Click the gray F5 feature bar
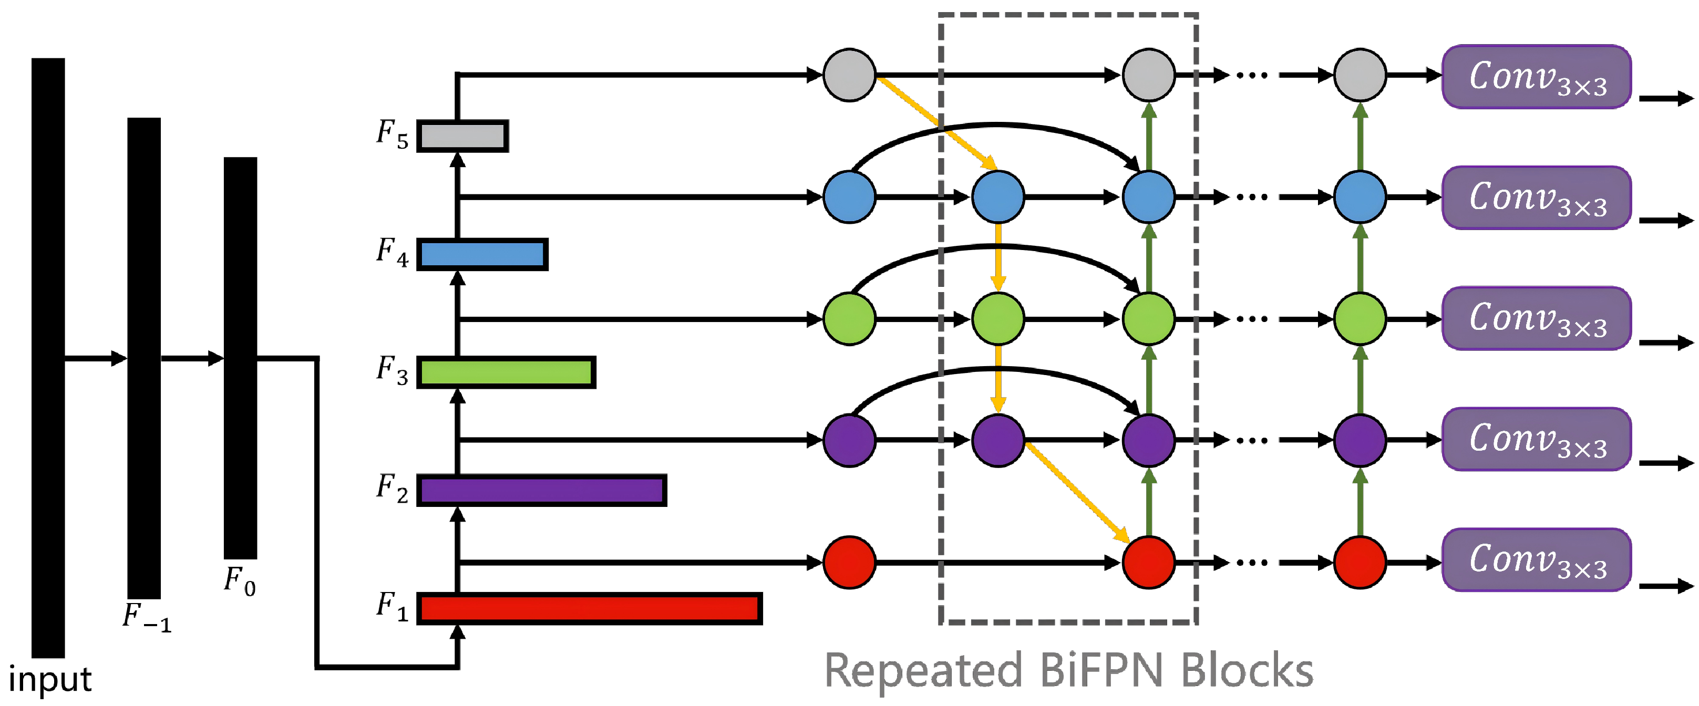[x=462, y=136]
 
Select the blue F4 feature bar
[x=482, y=254]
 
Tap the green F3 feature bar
[x=506, y=372]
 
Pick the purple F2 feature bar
[x=541, y=491]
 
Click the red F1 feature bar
[x=590, y=608]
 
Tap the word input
[x=49, y=679]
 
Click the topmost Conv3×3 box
[x=1536, y=77]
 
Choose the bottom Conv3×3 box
[x=1536, y=559]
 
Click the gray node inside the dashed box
[x=1148, y=75]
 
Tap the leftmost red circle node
[x=849, y=562]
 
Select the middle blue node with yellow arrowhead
[x=998, y=196]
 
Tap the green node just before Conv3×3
[x=1360, y=319]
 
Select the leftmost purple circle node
[x=849, y=440]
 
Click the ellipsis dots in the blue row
[x=1251, y=197]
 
